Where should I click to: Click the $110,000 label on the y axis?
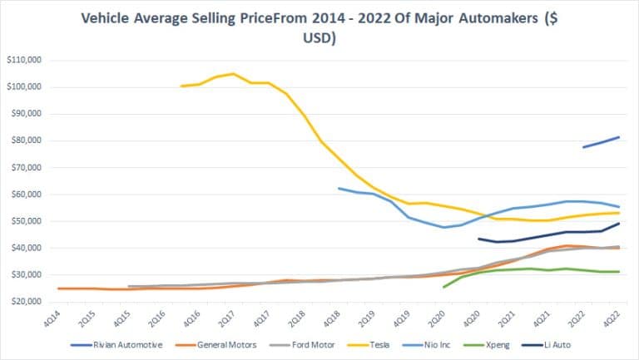[25, 60]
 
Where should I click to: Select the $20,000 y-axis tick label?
[27, 302]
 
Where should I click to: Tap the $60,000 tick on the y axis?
[27, 195]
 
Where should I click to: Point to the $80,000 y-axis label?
[27, 141]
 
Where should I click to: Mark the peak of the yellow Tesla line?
[233, 73]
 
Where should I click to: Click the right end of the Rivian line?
[618, 137]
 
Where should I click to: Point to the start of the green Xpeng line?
[443, 287]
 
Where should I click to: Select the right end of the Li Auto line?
[618, 223]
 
